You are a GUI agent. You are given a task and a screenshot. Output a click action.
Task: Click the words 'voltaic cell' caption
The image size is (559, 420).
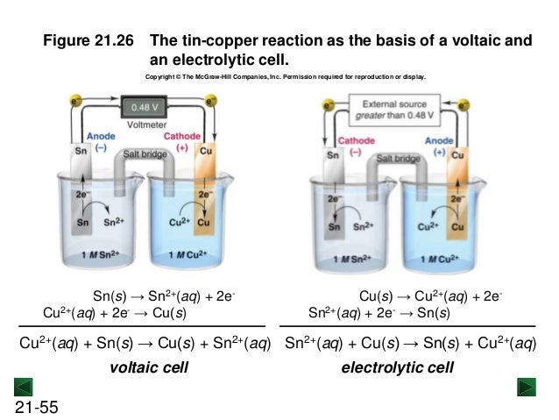click(147, 367)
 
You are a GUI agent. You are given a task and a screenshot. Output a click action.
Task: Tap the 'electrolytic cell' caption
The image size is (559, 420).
click(397, 367)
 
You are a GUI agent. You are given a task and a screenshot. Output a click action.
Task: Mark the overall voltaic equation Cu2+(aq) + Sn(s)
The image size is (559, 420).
click(145, 343)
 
